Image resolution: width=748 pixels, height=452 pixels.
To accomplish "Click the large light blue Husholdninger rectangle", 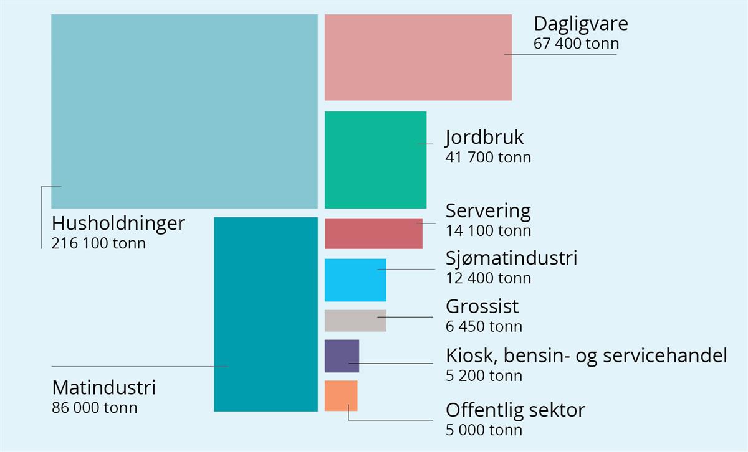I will tap(184, 111).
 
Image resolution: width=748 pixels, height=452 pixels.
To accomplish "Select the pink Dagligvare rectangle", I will tap(418, 57).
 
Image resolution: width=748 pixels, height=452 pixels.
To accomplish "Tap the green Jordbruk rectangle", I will tap(375, 159).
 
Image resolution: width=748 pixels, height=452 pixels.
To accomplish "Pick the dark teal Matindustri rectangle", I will tap(266, 314).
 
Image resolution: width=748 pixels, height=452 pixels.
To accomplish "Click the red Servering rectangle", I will tap(373, 233).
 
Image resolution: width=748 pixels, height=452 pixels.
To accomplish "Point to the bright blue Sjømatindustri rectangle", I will tap(355, 280).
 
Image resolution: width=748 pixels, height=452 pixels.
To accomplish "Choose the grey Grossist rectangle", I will tap(355, 321).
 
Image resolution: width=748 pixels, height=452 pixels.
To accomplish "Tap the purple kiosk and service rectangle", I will tap(342, 356).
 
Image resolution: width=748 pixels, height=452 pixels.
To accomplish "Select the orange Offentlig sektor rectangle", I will tap(341, 396).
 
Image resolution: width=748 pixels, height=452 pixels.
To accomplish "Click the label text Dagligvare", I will tap(581, 24).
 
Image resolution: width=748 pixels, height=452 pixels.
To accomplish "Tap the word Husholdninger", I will tap(118, 223).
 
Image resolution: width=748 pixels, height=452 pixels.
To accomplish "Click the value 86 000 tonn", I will tap(95, 408).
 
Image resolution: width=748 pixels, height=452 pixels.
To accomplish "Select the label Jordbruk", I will tap(484, 138).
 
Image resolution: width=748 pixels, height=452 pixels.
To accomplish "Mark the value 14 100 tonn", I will tap(489, 231).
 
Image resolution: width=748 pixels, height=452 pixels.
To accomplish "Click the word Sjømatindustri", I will tap(511, 258).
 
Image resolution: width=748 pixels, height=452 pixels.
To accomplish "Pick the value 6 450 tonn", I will tap(484, 326).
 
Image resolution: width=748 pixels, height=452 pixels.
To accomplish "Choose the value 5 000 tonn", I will tap(484, 430).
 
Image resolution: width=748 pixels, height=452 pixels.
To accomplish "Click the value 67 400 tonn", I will tap(577, 44).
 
